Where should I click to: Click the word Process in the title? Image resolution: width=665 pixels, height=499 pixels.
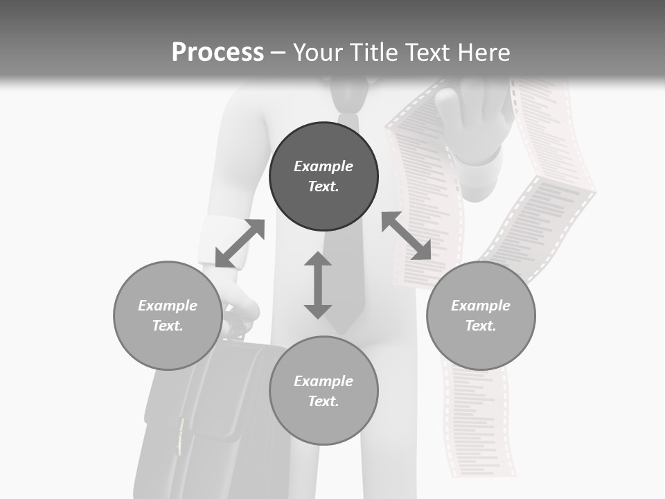click(218, 53)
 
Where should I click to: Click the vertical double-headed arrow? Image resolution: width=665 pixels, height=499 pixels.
click(318, 286)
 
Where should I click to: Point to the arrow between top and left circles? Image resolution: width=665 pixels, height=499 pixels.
click(240, 243)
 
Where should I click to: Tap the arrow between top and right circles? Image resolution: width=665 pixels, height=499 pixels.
click(407, 236)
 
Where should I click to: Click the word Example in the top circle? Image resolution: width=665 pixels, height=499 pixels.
click(323, 166)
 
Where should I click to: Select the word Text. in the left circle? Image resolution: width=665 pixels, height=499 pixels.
click(168, 326)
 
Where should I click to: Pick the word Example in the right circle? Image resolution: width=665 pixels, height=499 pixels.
click(481, 306)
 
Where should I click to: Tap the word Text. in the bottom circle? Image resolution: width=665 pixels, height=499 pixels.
click(323, 401)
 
